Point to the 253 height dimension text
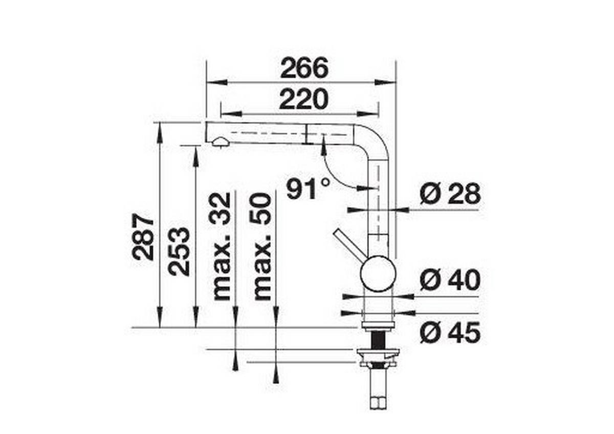180,251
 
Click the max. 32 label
222,246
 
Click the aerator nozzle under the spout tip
220,142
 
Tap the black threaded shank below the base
379,339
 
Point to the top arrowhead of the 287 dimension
160,128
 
